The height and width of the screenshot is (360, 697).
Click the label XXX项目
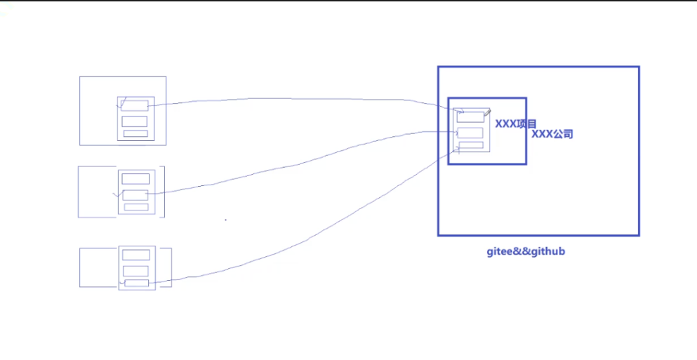click(516, 124)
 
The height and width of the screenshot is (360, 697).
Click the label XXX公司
click(552, 133)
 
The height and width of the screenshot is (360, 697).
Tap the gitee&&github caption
click(526, 251)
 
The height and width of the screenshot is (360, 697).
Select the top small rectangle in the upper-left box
click(135, 105)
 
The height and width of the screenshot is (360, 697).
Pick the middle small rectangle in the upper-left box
click(135, 121)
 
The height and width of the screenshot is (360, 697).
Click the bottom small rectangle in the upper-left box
click(135, 133)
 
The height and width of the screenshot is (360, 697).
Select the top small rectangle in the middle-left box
click(135, 179)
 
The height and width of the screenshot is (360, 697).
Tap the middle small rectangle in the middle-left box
click(135, 195)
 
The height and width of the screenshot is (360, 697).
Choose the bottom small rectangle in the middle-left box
click(136, 207)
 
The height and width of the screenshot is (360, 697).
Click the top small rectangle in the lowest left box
click(136, 255)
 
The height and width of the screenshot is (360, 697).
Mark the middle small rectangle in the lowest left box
click(136, 271)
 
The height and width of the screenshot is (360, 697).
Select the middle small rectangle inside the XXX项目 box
click(470, 133)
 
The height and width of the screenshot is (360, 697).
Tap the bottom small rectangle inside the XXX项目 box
click(471, 145)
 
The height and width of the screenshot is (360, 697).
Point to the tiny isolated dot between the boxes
click(225, 220)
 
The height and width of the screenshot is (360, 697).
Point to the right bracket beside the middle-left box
click(164, 192)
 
